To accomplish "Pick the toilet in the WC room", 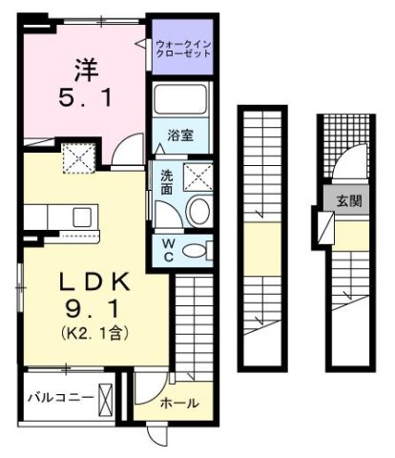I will click(195, 250).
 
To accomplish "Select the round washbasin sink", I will click(199, 212).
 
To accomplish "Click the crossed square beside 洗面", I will click(198, 176).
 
